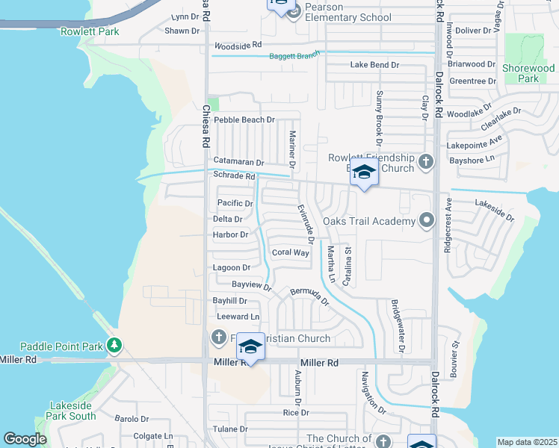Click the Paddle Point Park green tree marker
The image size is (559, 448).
(x=114, y=345)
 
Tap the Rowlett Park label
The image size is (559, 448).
(x=90, y=31)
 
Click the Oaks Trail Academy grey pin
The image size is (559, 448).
(x=426, y=220)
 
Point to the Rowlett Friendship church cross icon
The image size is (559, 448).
(x=425, y=161)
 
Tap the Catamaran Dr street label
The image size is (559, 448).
(x=239, y=162)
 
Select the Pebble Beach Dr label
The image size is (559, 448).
(x=244, y=119)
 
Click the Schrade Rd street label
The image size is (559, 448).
(x=235, y=176)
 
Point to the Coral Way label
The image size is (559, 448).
(x=291, y=252)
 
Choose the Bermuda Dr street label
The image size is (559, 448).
(x=309, y=296)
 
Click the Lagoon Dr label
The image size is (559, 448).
(x=231, y=267)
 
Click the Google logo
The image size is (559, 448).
(x=25, y=439)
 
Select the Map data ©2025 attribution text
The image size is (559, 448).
(x=526, y=442)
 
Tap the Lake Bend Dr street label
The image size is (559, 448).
(x=374, y=65)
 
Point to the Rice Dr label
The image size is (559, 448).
(x=296, y=412)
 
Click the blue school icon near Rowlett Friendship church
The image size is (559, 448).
(x=364, y=172)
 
